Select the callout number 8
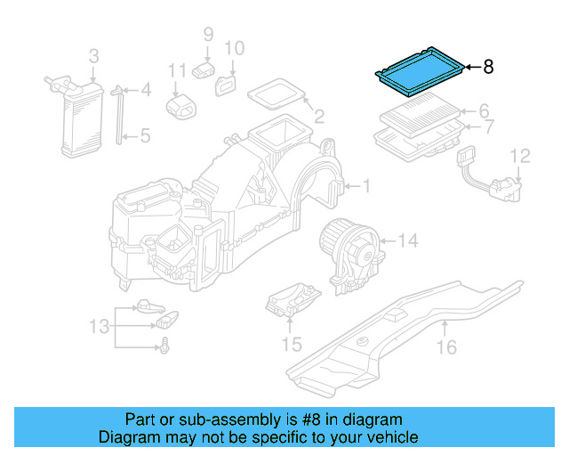point(487,67)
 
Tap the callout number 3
point(93,58)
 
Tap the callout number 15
point(292,344)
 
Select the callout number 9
point(208,35)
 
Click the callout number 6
point(485,111)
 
